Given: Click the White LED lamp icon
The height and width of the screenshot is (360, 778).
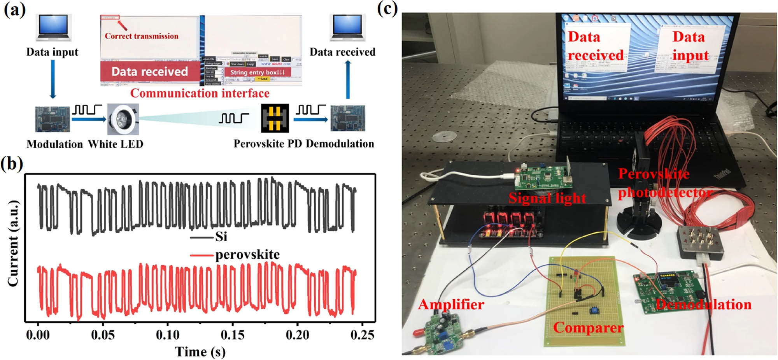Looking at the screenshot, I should (123, 119).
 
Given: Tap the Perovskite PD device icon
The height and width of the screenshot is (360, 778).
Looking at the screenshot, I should (275, 118).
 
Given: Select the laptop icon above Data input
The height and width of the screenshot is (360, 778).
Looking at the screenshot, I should (54, 27).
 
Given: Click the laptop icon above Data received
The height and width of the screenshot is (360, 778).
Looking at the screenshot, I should (347, 27).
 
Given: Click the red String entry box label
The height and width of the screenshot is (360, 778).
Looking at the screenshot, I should (257, 72).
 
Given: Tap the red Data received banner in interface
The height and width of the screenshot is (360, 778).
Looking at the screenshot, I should (150, 72).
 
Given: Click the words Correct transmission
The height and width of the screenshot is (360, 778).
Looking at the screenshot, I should (141, 36).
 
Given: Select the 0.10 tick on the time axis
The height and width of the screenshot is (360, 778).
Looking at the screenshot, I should (168, 335).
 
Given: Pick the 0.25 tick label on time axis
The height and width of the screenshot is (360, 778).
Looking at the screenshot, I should (362, 335).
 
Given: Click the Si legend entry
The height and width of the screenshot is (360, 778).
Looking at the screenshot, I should (221, 237).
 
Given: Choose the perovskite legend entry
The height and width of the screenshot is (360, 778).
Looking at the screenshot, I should (247, 255).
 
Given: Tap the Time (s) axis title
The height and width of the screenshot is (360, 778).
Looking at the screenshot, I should (200, 352).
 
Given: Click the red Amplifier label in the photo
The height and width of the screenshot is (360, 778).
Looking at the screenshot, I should (451, 304).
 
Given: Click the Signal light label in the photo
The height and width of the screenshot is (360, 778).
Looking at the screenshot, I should (547, 198).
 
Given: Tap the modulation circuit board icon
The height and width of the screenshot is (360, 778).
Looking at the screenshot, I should (52, 119).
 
